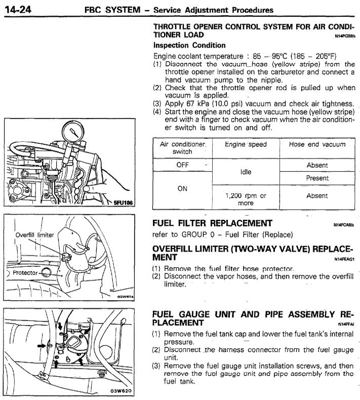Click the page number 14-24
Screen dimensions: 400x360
pyautogui.click(x=19, y=9)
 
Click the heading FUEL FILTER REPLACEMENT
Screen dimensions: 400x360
pyautogui.click(x=212, y=223)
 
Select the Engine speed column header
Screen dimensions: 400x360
pyautogui.click(x=246, y=144)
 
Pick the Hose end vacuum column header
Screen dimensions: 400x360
pyautogui.click(x=317, y=144)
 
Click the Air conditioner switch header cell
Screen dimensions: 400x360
pyautogui.click(x=182, y=148)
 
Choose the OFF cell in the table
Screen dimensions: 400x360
pyautogui.click(x=182, y=165)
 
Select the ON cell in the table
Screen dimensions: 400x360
pyautogui.click(x=182, y=188)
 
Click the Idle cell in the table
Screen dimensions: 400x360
pyautogui.click(x=246, y=172)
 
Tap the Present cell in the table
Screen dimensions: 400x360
pyautogui.click(x=317, y=178)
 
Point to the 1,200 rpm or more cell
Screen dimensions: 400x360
pyautogui.click(x=246, y=199)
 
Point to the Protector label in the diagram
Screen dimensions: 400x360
pyautogui.click(x=25, y=272)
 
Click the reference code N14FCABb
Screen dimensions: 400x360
pyautogui.click(x=344, y=224)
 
